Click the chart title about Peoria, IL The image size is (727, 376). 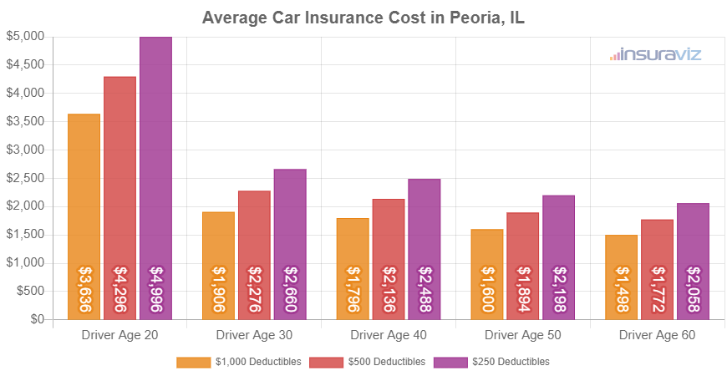click(x=363, y=18)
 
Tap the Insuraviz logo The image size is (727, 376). click(x=655, y=54)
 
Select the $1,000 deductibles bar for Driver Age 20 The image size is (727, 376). click(x=84, y=216)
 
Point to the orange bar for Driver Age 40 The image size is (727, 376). click(x=353, y=268)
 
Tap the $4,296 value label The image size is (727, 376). click(x=120, y=289)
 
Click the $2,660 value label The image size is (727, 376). click(x=290, y=289)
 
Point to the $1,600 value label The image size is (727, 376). click(x=487, y=289)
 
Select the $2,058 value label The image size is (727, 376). click(x=693, y=289)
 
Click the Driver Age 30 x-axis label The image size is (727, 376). click(x=254, y=335)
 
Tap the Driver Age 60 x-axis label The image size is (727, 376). click(x=657, y=335)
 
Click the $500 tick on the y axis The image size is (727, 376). click(x=30, y=292)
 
